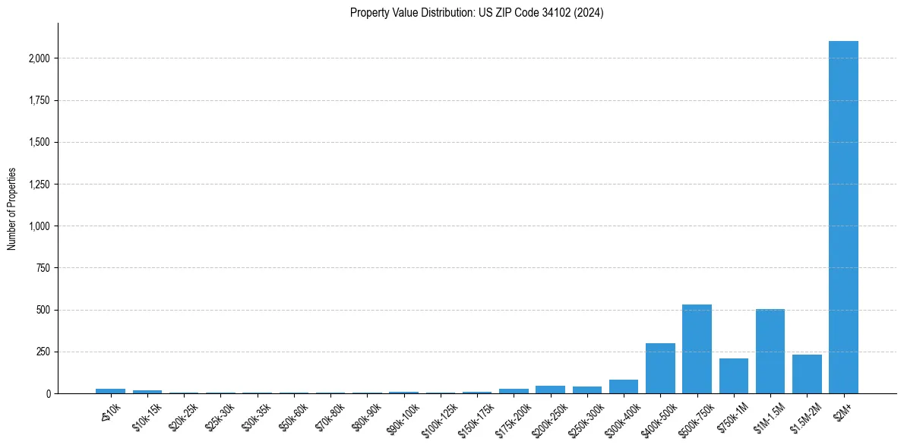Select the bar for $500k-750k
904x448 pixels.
point(697,349)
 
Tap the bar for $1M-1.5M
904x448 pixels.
point(770,352)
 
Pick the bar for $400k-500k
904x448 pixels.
point(660,368)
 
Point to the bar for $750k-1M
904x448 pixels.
point(733,376)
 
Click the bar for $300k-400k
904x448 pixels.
point(624,386)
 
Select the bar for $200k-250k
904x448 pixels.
point(550,390)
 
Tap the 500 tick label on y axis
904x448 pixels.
point(43,310)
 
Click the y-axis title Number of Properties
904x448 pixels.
point(12,209)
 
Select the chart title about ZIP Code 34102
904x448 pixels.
point(476,13)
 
